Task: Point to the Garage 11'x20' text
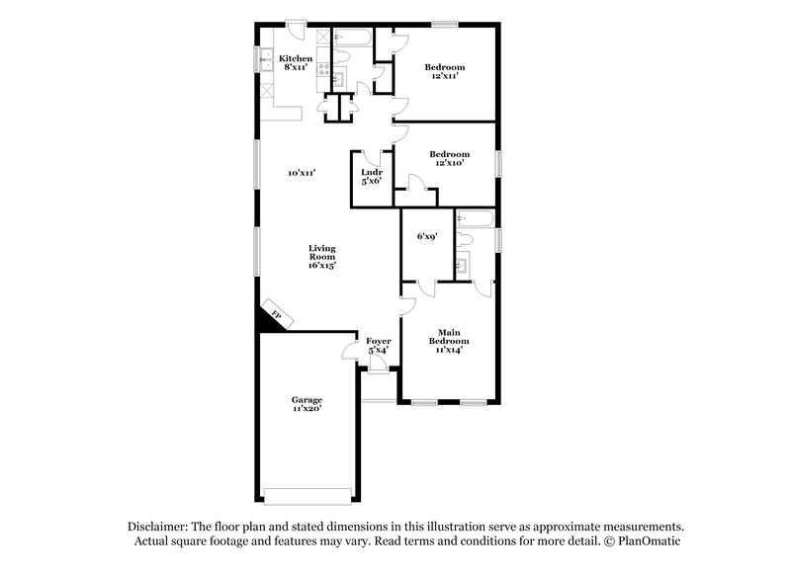coord(307,404)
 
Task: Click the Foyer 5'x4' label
coord(379,345)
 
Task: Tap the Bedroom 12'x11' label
coord(445,71)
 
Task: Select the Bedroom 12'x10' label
coord(449,158)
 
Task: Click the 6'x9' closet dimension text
coord(426,237)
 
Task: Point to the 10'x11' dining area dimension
coord(302,173)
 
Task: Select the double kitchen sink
coord(265,61)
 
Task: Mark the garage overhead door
coord(307,494)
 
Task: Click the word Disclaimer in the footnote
coord(160,527)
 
